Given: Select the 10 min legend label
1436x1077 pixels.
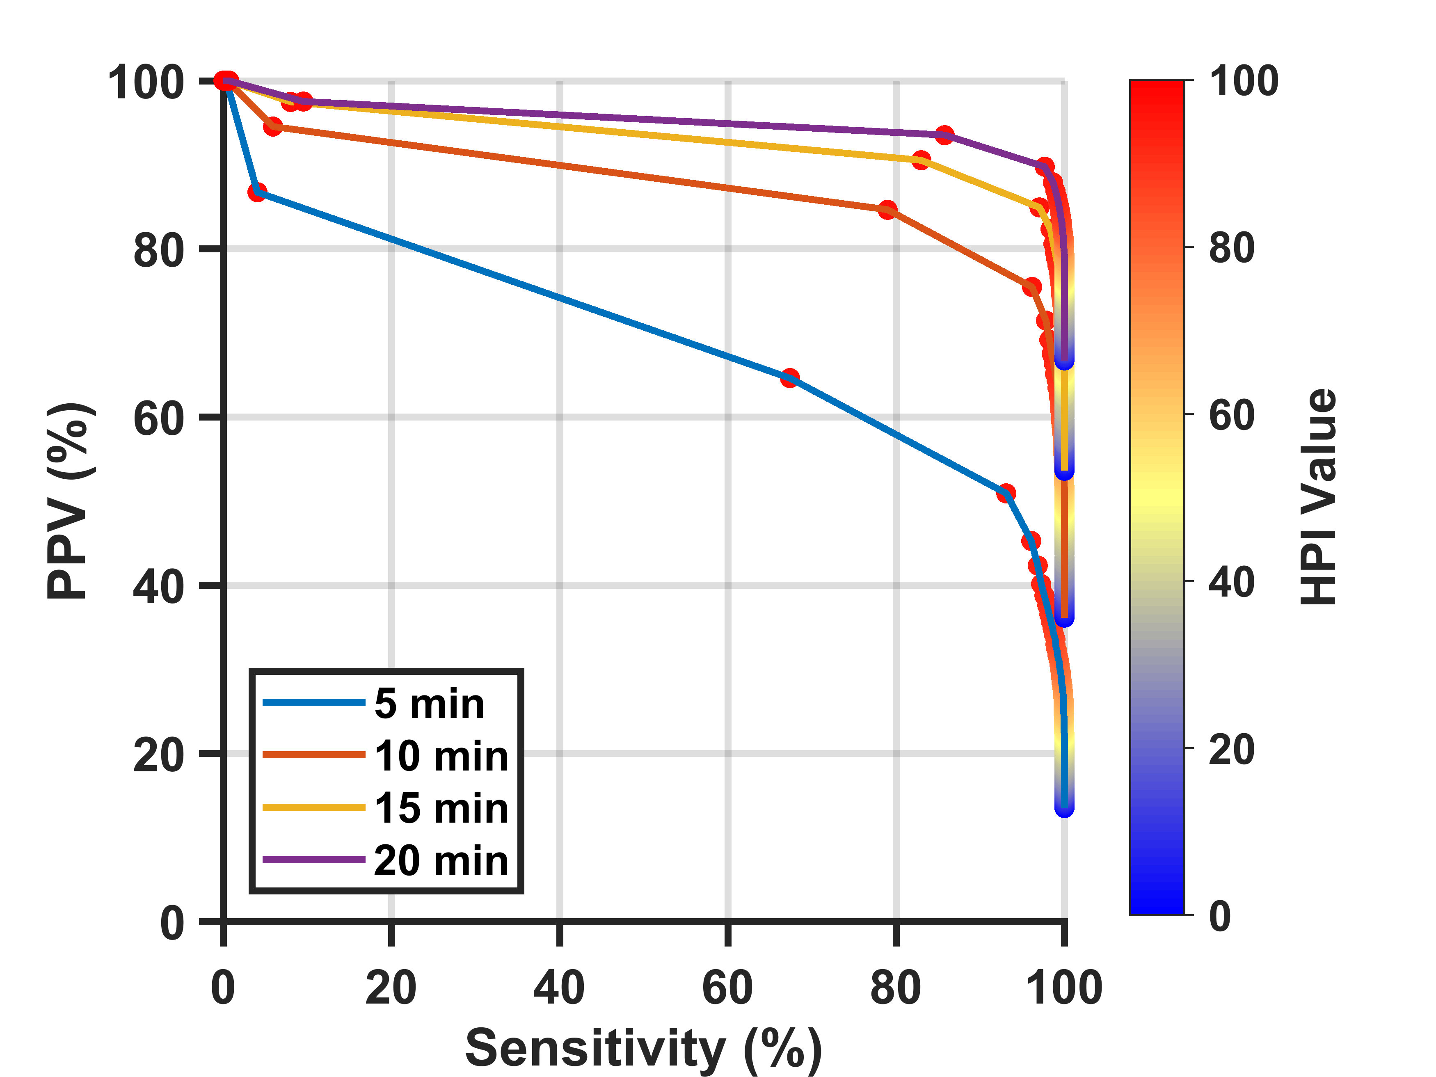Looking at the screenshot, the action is [441, 756].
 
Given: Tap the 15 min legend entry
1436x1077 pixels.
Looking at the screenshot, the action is [386, 808].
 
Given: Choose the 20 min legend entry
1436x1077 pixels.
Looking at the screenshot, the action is [386, 861].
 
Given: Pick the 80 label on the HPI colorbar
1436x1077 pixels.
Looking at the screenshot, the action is [1232, 248].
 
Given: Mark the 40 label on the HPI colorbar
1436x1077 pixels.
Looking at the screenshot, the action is [1232, 582].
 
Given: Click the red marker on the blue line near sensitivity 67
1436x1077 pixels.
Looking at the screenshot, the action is [789, 378].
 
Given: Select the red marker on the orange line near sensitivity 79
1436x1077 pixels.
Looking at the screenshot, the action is [887, 210].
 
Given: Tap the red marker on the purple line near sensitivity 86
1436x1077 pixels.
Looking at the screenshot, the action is [944, 135].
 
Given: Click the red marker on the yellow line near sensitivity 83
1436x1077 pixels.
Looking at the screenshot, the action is [921, 160].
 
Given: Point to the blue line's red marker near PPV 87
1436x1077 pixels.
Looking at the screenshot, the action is [257, 192].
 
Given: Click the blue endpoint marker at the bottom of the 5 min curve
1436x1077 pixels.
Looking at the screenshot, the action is [1064, 807].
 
